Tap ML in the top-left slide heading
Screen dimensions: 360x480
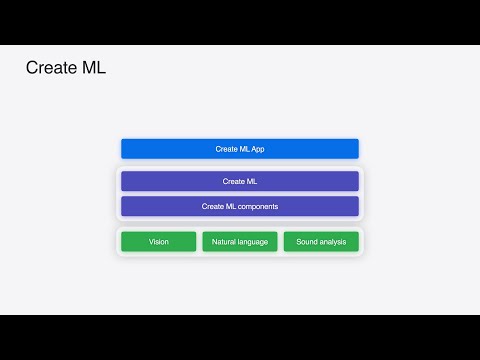pos(94,69)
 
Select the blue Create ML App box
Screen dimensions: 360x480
pos(240,149)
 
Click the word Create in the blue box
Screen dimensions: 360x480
pos(226,149)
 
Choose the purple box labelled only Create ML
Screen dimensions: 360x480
pos(240,181)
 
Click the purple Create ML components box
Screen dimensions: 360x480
pos(240,206)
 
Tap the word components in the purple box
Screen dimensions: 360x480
pos(258,206)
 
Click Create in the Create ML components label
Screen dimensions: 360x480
pos(212,206)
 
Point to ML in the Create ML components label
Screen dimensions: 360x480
pos(230,206)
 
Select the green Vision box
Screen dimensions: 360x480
pos(159,242)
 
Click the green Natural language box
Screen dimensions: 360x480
pos(240,242)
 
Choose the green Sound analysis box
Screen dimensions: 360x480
pos(321,242)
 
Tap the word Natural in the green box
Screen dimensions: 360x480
pos(225,242)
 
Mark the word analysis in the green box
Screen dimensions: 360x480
pos(333,242)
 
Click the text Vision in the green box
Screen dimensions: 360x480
pos(159,242)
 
